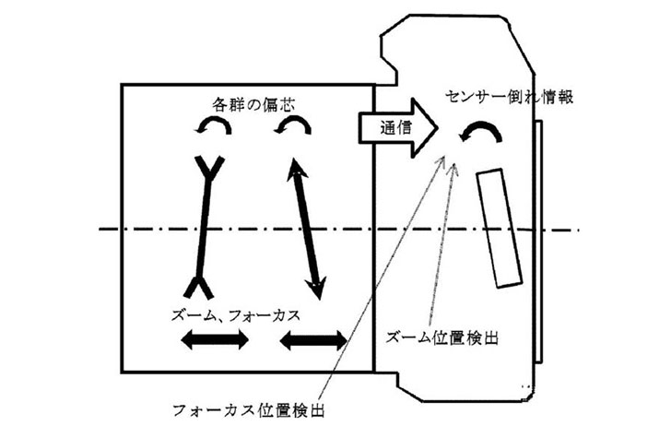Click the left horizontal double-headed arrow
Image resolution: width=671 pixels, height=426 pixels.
tap(214, 341)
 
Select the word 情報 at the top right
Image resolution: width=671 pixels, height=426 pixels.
tap(556, 96)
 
